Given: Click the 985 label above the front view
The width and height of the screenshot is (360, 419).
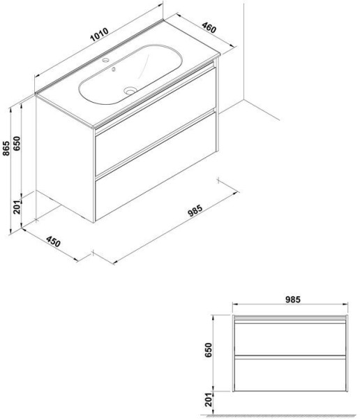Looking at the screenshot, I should coord(292,300).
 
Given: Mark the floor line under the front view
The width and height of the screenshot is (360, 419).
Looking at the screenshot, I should coord(292,411).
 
